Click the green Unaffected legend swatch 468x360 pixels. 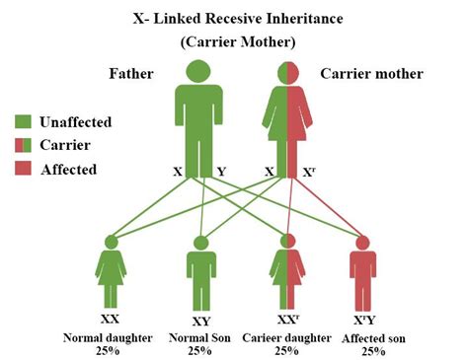(x=23, y=121)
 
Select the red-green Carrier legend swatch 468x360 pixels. (x=23, y=145)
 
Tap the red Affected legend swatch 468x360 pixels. (x=23, y=168)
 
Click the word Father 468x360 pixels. (x=131, y=73)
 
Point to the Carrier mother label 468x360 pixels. (x=371, y=74)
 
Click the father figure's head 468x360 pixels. (x=198, y=71)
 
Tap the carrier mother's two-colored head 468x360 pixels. (x=288, y=73)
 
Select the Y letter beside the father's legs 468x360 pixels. (x=221, y=172)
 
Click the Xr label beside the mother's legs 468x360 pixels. (x=309, y=172)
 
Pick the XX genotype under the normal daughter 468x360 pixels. (x=111, y=319)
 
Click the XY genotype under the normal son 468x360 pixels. (x=200, y=321)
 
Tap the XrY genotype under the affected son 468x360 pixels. (x=364, y=320)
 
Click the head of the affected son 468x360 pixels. (x=362, y=243)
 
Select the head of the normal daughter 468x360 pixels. (x=112, y=243)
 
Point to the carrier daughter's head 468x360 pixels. (x=287, y=241)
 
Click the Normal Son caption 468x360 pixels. (x=199, y=337)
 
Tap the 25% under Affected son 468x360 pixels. (x=373, y=351)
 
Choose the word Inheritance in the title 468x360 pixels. (x=304, y=19)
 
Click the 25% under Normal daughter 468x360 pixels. (x=108, y=351)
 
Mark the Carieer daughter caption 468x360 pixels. (x=286, y=338)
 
